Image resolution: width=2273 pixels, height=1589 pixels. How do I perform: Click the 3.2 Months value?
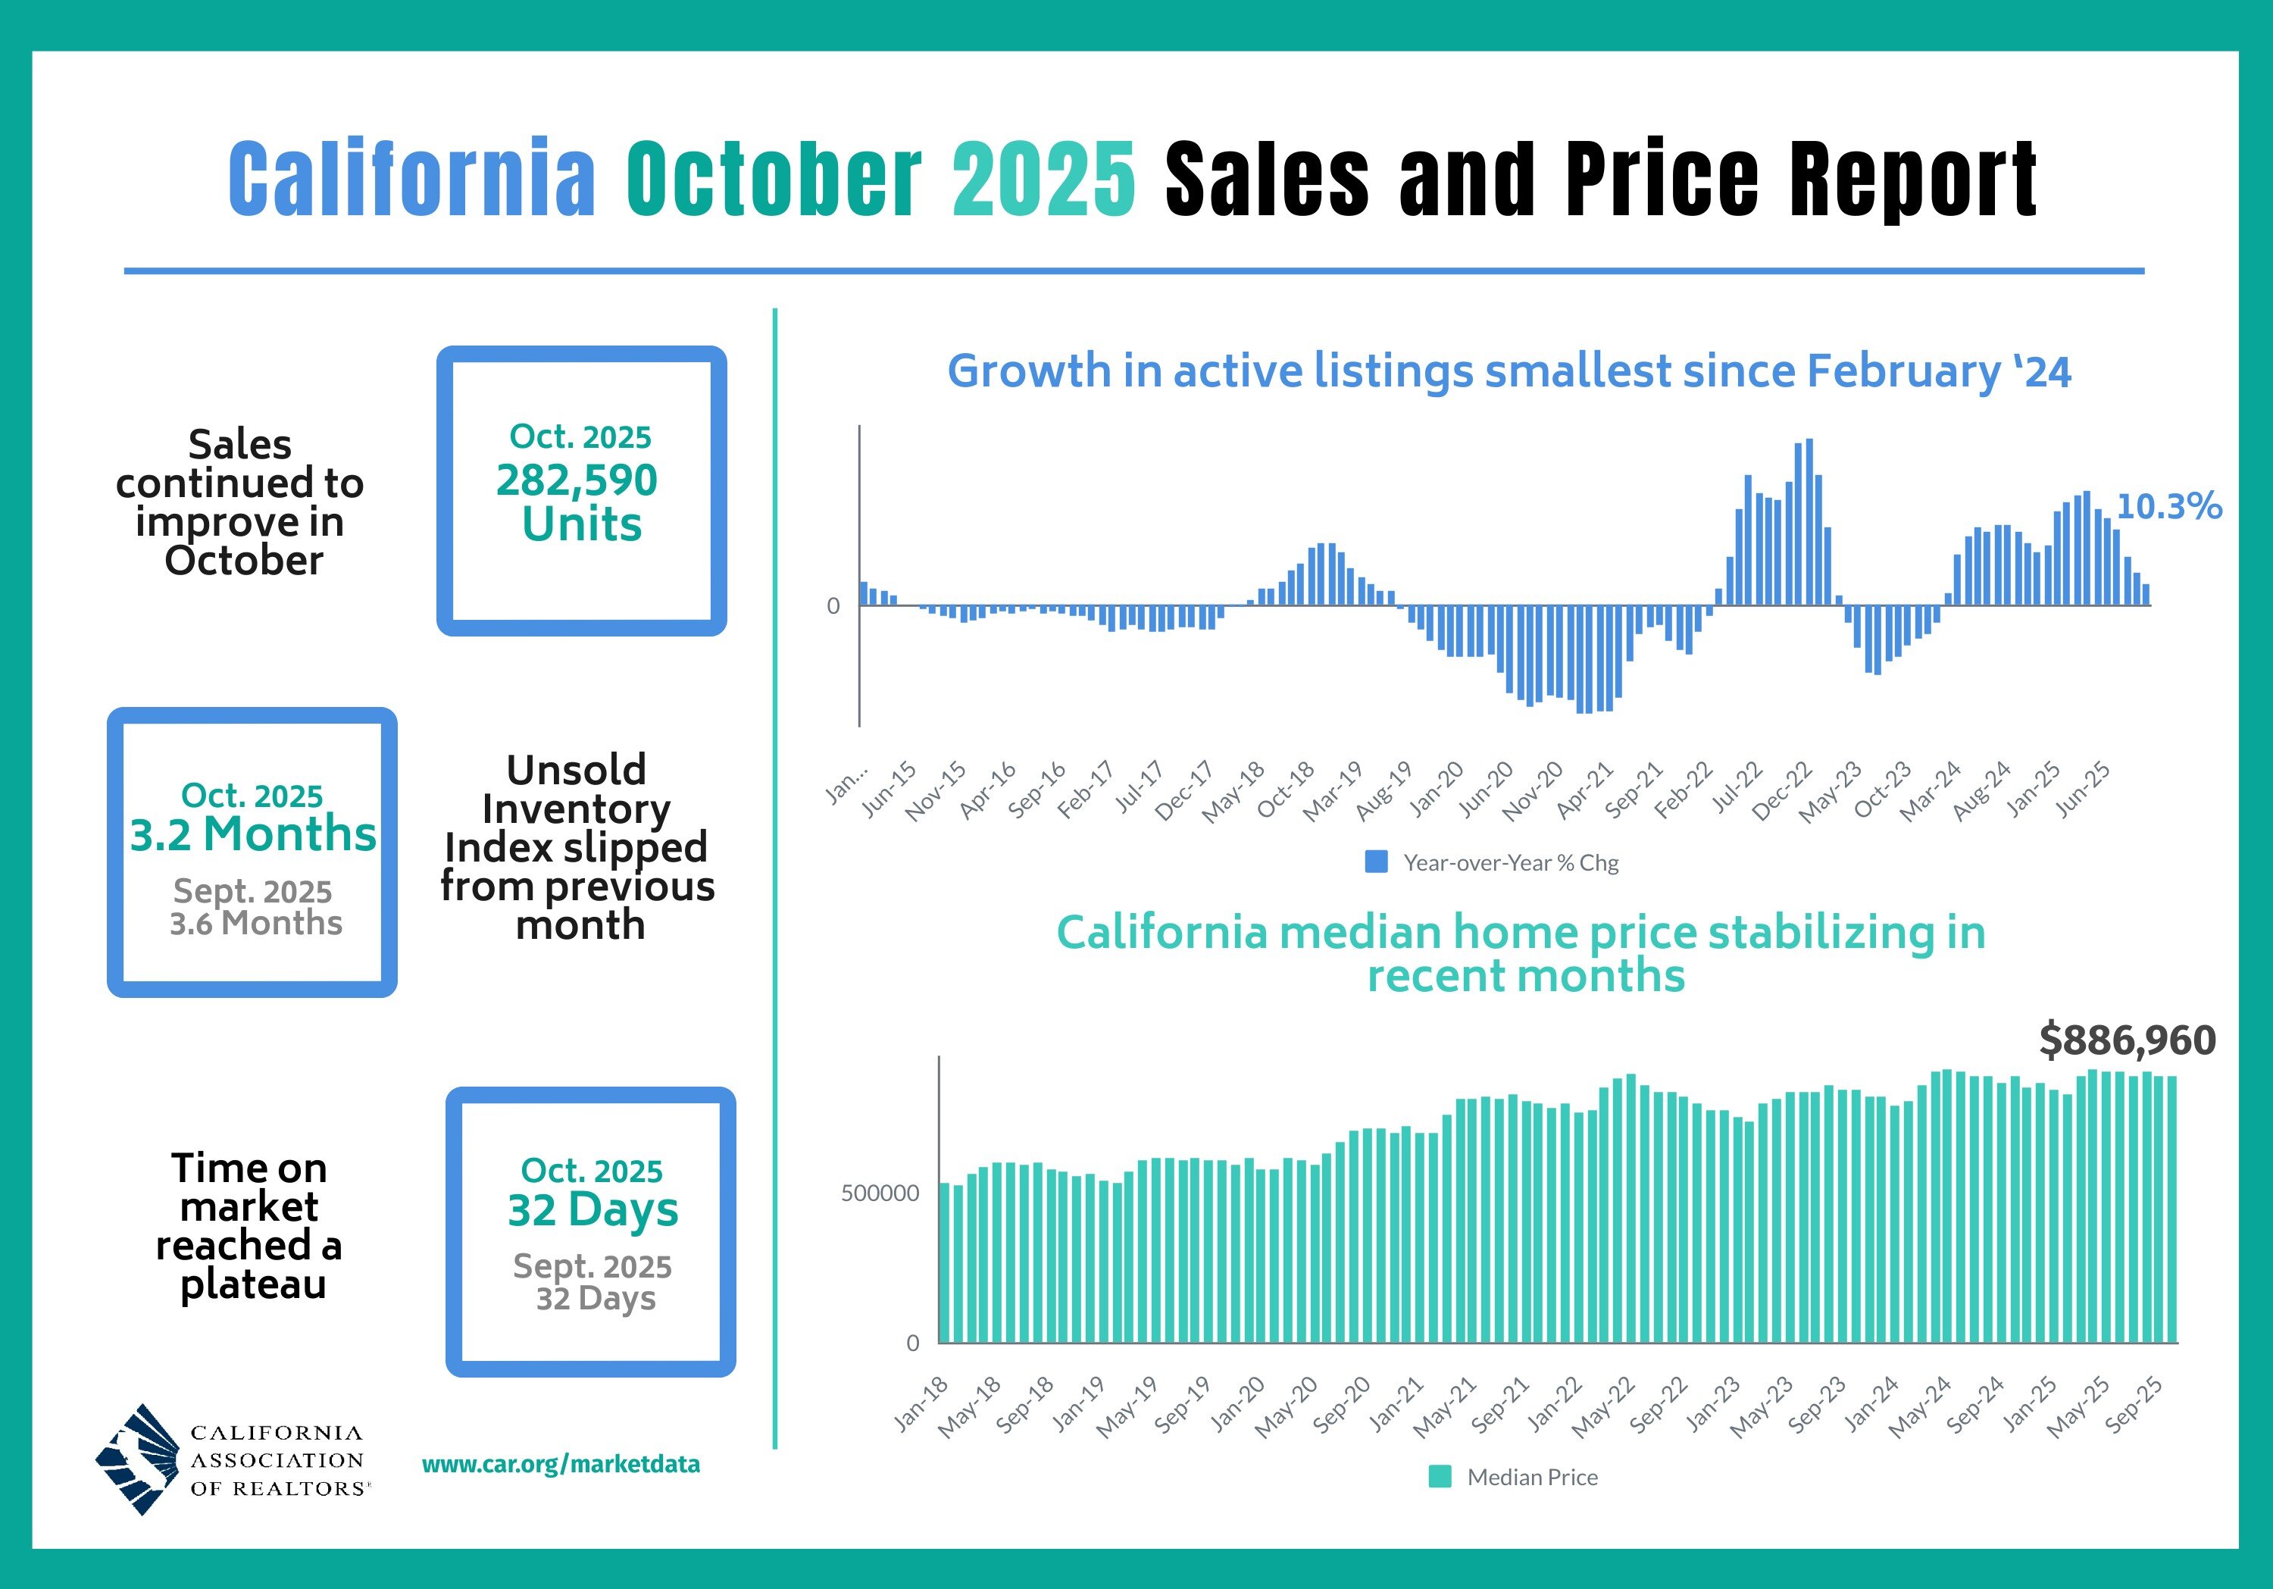[252, 834]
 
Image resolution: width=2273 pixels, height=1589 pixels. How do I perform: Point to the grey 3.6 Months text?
[255, 924]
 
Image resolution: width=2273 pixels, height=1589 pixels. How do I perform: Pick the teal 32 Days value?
[593, 1210]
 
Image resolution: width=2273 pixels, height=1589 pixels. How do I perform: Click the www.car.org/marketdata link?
[561, 1464]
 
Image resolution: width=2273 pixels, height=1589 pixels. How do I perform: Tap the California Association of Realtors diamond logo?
[139, 1459]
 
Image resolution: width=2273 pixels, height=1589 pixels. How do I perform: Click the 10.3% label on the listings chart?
[2168, 507]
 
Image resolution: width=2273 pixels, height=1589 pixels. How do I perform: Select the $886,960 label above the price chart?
[2128, 1040]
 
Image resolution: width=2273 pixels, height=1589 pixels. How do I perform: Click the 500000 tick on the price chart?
[880, 1193]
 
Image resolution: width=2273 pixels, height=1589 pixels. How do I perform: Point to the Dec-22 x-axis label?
[1782, 791]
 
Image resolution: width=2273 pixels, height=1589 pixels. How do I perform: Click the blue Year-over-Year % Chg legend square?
[1376, 862]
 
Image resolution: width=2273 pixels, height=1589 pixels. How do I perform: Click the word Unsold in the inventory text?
[576, 770]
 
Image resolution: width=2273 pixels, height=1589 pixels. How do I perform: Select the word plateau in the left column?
[253, 1284]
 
